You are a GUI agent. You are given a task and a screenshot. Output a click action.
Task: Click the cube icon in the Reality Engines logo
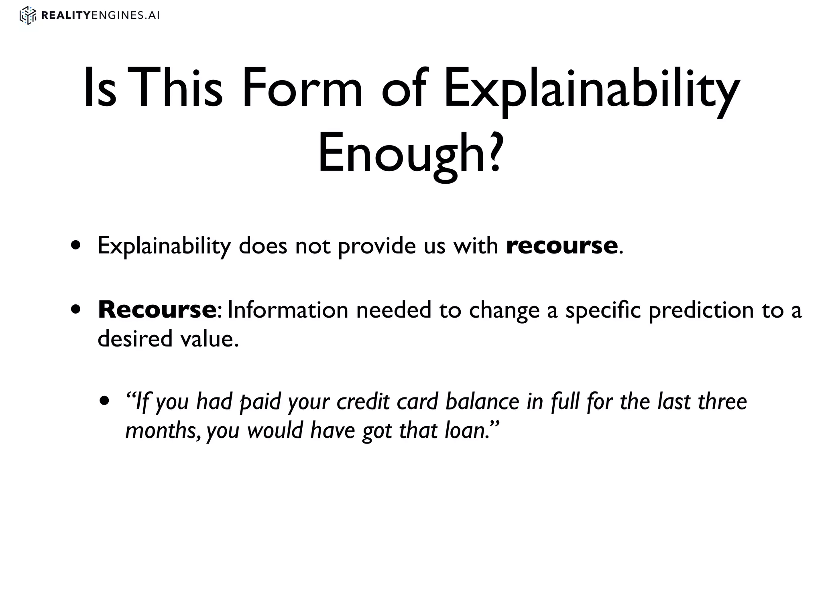28,16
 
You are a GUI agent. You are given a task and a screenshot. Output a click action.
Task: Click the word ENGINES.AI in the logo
126,16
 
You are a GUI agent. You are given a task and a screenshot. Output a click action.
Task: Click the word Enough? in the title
410,154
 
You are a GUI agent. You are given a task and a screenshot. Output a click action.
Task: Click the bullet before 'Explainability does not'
76,245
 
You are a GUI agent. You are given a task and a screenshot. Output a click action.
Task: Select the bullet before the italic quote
105,401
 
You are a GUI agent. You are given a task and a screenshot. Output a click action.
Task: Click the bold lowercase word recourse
562,245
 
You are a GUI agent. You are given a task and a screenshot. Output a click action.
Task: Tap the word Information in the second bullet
288,310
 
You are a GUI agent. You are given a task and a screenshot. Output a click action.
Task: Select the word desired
134,338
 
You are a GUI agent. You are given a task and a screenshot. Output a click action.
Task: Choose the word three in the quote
722,401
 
